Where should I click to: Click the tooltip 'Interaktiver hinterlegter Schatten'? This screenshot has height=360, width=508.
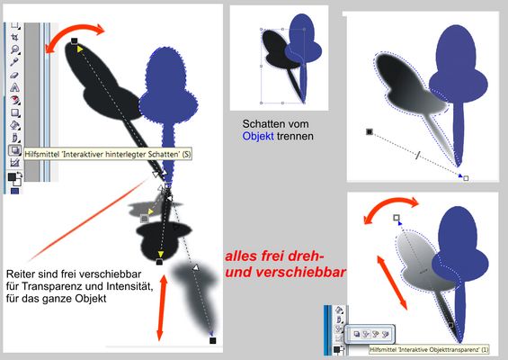(x=107, y=155)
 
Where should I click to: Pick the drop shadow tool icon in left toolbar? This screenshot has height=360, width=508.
(x=15, y=151)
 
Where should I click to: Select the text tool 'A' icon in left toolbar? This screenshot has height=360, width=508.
(x=15, y=87)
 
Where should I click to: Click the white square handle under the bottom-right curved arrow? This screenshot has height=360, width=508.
(x=397, y=218)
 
